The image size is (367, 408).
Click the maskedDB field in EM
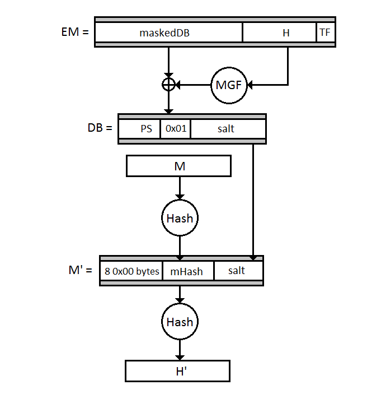168,33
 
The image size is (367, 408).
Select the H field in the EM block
280,33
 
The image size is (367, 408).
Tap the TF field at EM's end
326,33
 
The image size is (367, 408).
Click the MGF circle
229,85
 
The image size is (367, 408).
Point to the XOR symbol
168,85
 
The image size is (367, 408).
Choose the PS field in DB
139,128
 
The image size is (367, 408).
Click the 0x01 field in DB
176,128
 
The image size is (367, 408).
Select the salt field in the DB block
228,128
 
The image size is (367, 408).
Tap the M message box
178,166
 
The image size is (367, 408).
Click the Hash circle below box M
180,218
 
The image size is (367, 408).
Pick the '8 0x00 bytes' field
131,271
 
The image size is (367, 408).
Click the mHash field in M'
188,271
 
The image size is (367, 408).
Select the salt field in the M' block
238,271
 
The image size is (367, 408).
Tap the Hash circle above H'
180,322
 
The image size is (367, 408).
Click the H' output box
178,371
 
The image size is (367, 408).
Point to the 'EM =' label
75,32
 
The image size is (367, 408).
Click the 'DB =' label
100,128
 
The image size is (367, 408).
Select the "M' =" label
80,270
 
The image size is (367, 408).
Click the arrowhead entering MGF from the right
250,85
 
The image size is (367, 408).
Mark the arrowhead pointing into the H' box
180,358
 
